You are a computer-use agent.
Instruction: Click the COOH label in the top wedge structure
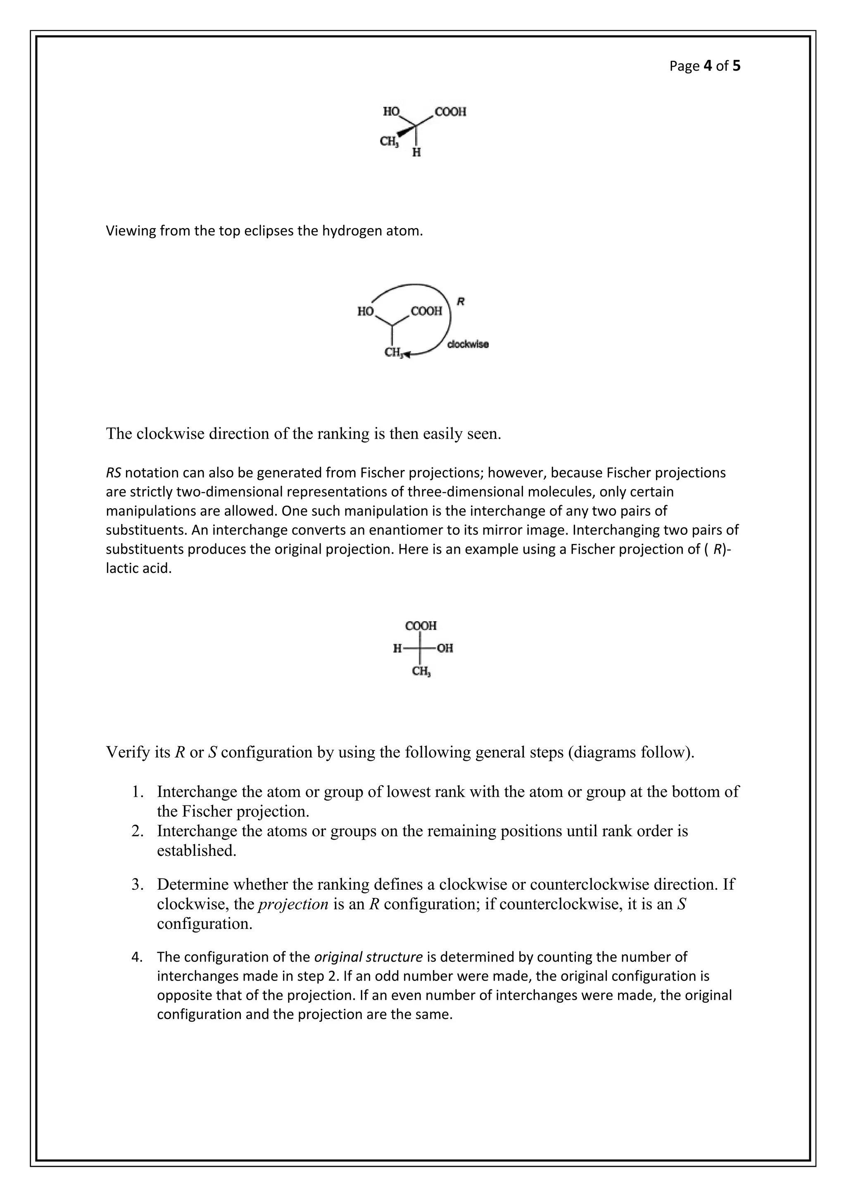450,112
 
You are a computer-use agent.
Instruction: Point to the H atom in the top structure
416,153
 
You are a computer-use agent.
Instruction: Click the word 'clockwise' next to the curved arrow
468,344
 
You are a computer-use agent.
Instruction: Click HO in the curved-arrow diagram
366,311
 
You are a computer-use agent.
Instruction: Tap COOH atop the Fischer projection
421,625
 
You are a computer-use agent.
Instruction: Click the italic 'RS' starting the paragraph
114,473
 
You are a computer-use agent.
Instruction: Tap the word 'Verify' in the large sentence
125,752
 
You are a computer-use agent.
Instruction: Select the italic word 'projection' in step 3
293,904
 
